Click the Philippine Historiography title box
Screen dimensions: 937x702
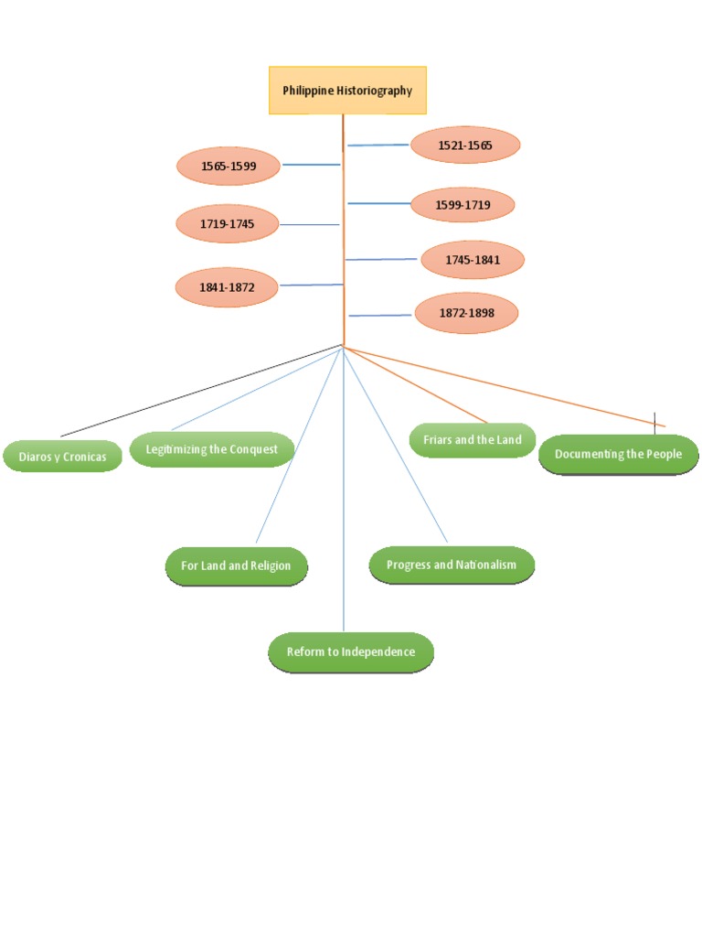point(347,90)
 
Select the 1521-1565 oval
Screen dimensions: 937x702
point(464,145)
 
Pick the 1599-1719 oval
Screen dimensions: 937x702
point(463,204)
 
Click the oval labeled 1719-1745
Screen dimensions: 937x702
point(227,224)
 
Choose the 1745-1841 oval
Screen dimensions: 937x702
point(473,260)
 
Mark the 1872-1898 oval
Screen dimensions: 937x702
point(466,313)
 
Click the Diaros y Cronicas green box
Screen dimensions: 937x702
point(62,456)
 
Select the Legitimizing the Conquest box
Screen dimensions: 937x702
point(211,449)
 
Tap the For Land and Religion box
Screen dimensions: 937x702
point(236,565)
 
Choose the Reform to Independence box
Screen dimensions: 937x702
point(350,652)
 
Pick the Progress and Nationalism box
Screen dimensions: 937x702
point(451,565)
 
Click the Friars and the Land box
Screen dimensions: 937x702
point(472,439)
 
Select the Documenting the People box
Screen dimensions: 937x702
point(618,454)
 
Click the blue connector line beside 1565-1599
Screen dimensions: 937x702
point(311,165)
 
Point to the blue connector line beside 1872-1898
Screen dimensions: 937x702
point(379,316)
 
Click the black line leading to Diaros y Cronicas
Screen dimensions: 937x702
point(201,391)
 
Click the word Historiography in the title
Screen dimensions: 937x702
point(374,91)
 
